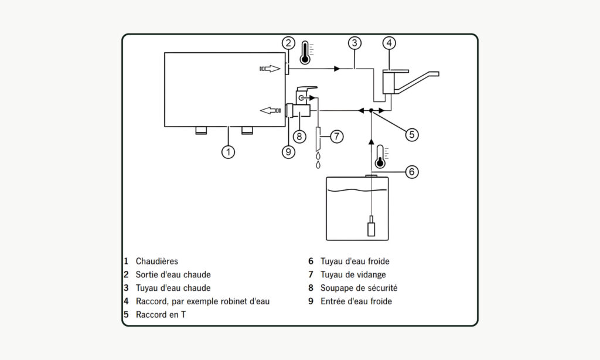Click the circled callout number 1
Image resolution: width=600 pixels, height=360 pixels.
[228, 152]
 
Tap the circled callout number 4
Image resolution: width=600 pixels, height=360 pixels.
[389, 43]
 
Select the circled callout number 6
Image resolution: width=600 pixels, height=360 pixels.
[412, 172]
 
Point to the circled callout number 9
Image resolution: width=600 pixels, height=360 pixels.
[288, 152]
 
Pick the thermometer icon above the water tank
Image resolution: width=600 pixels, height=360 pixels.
[381, 157]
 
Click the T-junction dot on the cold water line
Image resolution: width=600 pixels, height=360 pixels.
[371, 111]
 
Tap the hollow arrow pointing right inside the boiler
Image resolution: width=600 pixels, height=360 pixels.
[270, 69]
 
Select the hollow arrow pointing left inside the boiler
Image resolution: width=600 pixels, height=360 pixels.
[271, 111]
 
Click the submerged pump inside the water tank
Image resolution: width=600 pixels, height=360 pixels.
[371, 226]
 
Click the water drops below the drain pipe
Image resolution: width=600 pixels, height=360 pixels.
[318, 161]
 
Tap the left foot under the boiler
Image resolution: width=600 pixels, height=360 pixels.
[201, 130]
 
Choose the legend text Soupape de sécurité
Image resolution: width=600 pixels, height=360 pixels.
[359, 288]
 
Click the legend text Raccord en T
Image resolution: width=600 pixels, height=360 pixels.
[161, 315]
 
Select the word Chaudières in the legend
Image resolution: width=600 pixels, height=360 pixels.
[157, 261]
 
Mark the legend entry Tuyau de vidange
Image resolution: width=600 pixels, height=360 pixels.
[353, 274]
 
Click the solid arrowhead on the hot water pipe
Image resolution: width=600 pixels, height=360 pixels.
[337, 69]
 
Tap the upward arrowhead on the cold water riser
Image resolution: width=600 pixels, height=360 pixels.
[371, 141]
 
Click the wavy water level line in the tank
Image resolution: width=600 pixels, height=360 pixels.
[357, 191]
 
